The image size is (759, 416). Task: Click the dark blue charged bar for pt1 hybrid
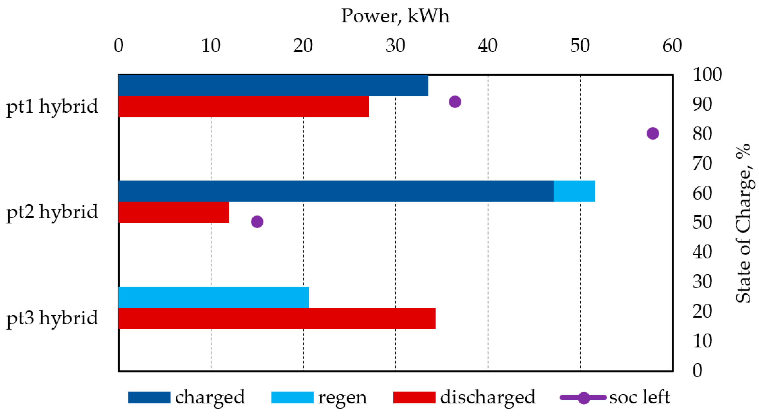(273, 86)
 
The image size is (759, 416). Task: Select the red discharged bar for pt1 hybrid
(243, 107)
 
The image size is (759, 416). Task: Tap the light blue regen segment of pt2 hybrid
(574, 191)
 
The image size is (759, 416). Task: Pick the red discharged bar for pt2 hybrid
(174, 212)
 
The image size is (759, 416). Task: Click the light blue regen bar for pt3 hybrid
(213, 297)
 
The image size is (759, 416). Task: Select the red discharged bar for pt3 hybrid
(277, 318)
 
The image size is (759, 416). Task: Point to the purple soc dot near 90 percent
(455, 102)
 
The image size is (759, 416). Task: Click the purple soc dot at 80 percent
(653, 133)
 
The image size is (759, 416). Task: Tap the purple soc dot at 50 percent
(257, 221)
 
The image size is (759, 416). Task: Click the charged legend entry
(186, 397)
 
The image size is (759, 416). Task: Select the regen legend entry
(319, 397)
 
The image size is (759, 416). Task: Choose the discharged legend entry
(464, 397)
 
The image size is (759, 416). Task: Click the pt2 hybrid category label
(52, 212)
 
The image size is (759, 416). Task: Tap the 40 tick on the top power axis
(488, 46)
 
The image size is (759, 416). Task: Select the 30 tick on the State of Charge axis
(702, 281)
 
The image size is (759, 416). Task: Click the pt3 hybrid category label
(52, 318)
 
